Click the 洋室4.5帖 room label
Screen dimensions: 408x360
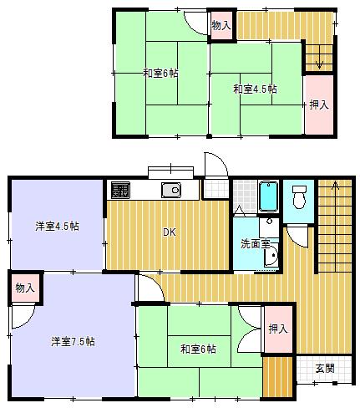(57, 226)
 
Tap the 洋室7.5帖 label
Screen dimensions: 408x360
(72, 341)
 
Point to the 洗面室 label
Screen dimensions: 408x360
(254, 244)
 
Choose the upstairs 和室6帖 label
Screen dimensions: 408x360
(159, 74)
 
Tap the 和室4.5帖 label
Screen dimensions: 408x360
(255, 88)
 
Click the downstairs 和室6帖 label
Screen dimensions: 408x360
(197, 348)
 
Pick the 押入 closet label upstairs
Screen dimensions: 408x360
(318, 105)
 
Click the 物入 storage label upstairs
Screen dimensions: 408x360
(221, 26)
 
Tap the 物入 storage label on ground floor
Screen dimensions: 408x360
(24, 288)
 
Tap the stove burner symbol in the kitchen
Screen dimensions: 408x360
(120, 190)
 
